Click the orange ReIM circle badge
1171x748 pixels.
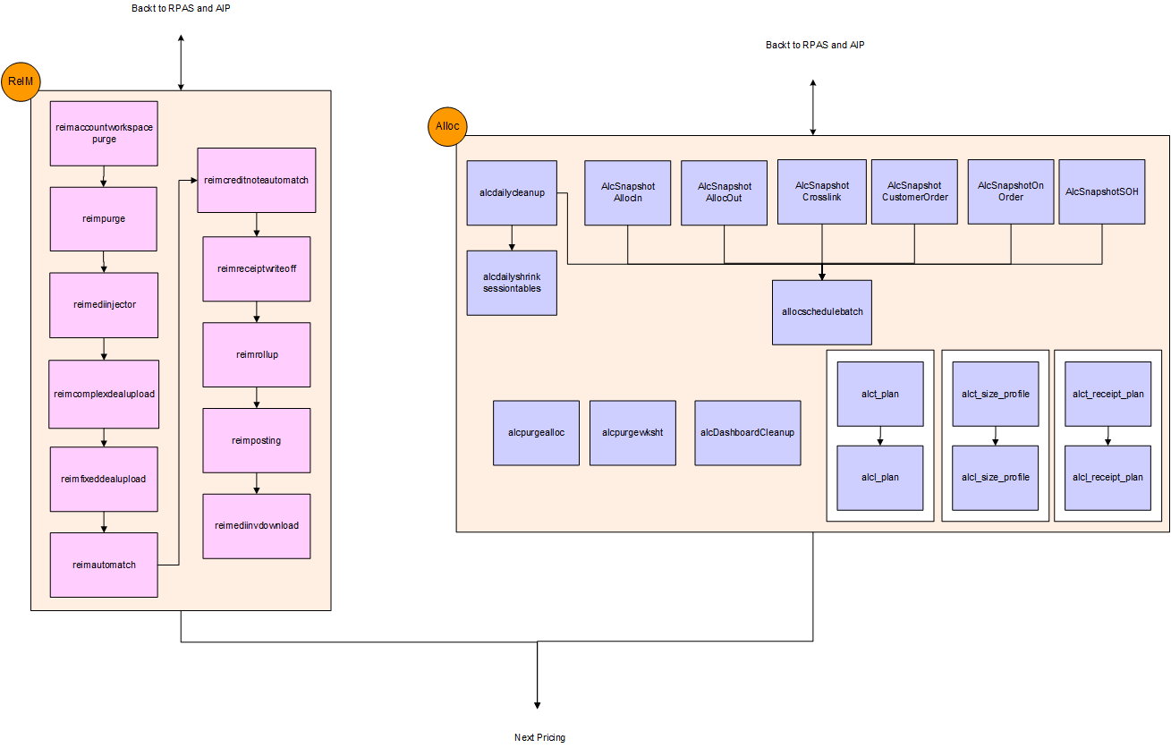click(20, 82)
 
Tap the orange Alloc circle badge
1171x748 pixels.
click(447, 126)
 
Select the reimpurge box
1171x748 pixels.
click(104, 218)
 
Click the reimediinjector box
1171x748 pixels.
click(104, 304)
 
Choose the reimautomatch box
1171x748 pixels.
click(104, 565)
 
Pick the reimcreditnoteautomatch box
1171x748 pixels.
click(256, 180)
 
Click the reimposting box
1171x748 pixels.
click(256, 440)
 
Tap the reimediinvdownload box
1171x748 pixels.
click(256, 525)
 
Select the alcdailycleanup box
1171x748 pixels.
click(512, 192)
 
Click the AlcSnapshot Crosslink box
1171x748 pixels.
click(822, 191)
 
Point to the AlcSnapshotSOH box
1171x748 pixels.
click(1101, 191)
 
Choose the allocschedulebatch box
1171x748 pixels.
click(822, 312)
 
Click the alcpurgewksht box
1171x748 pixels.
click(632, 433)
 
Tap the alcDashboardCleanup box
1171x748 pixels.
click(747, 433)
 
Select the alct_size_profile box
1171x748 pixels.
click(995, 394)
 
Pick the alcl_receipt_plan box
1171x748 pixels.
click(1107, 478)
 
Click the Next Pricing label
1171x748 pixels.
click(539, 737)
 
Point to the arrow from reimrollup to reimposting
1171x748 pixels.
click(258, 397)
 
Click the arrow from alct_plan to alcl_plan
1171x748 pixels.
click(880, 436)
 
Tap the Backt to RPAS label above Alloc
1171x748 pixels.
click(814, 45)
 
